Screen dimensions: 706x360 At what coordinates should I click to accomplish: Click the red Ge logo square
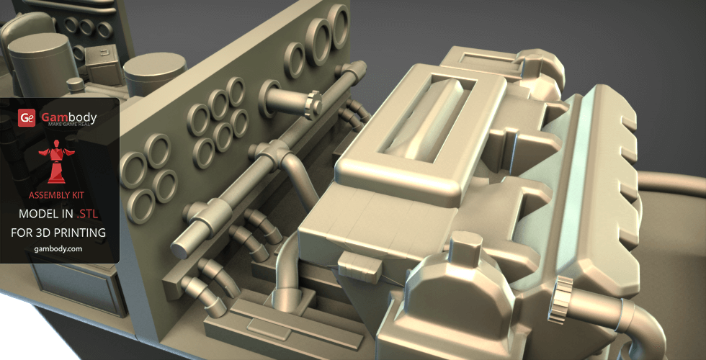(x=27, y=117)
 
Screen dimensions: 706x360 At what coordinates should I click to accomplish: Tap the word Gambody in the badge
(x=69, y=117)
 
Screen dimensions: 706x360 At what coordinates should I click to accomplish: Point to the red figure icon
(x=57, y=161)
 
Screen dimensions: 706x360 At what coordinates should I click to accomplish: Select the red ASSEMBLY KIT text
(x=56, y=195)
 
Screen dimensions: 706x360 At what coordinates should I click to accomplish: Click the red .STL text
(x=87, y=215)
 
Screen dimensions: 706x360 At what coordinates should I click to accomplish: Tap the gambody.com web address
(x=58, y=249)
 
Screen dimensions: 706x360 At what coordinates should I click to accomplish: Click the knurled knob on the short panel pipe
(x=313, y=105)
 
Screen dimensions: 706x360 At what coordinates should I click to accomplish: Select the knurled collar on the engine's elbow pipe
(x=560, y=300)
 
